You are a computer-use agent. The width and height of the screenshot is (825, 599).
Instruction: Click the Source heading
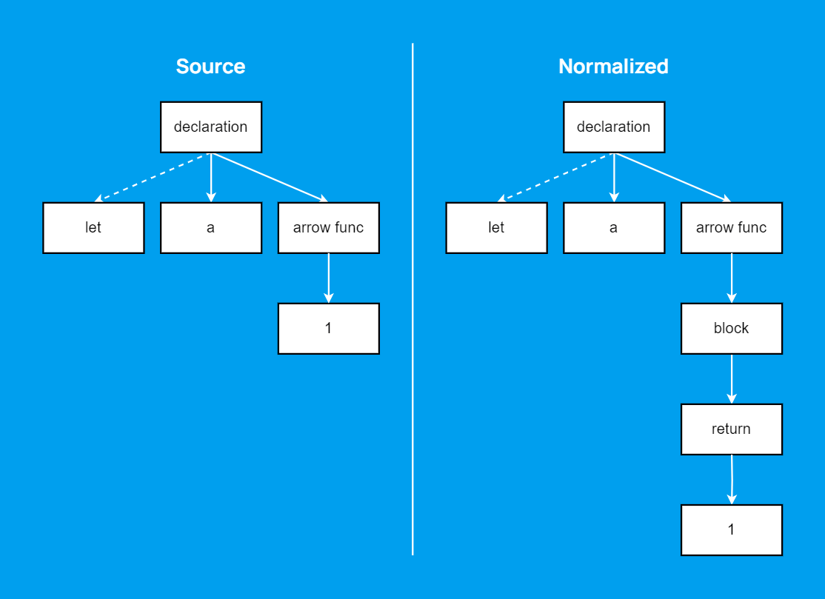tap(210, 67)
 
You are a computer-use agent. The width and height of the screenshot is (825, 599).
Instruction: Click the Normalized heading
tap(613, 67)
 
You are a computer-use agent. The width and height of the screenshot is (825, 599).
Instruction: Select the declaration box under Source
tap(211, 127)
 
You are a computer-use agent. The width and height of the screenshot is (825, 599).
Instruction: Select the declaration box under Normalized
tap(614, 127)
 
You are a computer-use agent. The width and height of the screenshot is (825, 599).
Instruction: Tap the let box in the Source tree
tap(93, 227)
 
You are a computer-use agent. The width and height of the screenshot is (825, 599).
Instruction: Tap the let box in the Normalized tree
tap(496, 227)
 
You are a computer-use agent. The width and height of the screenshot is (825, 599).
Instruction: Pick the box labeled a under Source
tap(211, 227)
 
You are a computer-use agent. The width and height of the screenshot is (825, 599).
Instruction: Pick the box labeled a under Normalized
tap(614, 227)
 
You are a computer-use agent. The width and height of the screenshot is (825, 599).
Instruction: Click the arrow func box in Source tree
tap(329, 227)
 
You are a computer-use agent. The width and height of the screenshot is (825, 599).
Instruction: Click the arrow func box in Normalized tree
tap(732, 227)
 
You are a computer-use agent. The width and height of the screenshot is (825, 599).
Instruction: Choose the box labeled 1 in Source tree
tap(329, 328)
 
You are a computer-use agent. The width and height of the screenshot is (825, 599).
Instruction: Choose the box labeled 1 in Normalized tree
tap(732, 529)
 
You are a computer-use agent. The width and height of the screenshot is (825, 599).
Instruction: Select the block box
tap(732, 328)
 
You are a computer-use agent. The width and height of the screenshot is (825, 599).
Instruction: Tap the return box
tap(732, 429)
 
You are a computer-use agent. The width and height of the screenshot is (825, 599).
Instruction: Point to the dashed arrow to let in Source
tap(153, 177)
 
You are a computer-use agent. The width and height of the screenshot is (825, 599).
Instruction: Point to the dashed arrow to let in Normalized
tap(555, 177)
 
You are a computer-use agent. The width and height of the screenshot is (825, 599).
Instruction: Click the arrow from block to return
tap(732, 378)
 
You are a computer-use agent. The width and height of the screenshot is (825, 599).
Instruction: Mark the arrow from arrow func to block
tap(732, 278)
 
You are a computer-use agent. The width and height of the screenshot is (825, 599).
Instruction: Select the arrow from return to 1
tap(732, 479)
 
